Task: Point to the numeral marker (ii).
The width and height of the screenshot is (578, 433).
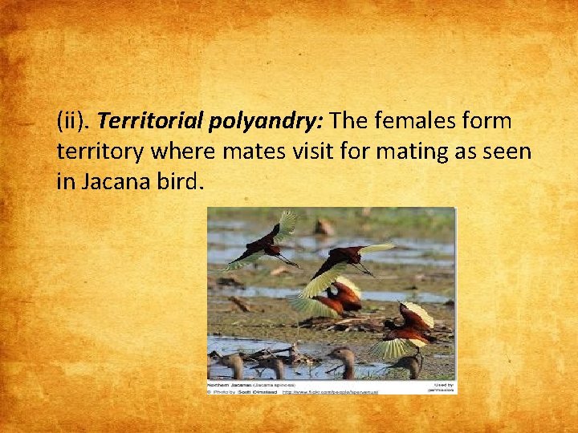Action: coord(74,122)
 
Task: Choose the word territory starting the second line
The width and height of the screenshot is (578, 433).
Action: coord(100,152)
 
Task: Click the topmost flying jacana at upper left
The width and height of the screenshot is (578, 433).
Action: coord(265,241)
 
